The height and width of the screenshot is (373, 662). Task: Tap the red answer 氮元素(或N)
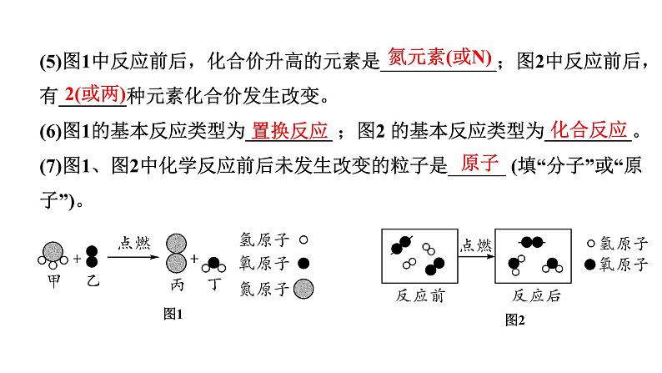click(x=438, y=58)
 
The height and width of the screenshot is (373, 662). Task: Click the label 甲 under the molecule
click(x=53, y=280)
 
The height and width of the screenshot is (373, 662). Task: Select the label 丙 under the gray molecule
click(x=178, y=285)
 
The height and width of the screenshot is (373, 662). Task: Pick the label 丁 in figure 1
click(x=215, y=285)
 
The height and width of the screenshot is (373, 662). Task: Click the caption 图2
click(x=516, y=319)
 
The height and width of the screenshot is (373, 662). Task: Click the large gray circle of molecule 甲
click(x=53, y=251)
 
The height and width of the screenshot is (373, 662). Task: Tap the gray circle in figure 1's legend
click(x=304, y=289)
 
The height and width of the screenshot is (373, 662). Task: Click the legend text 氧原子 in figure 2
click(x=628, y=265)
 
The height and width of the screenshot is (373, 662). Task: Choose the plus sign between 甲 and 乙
click(x=77, y=259)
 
